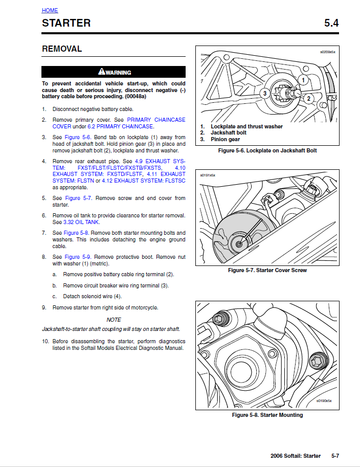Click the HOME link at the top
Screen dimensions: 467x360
[50, 10]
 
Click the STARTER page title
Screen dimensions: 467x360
[66, 23]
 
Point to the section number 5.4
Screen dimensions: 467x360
[331, 23]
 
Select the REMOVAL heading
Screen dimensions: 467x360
[62, 49]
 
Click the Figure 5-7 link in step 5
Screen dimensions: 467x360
[78, 198]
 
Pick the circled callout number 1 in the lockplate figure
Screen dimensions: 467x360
[303, 80]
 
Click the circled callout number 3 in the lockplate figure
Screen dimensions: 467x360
[265, 93]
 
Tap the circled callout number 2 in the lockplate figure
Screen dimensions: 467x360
[308, 98]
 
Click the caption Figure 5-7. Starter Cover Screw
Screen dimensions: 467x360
[267, 270]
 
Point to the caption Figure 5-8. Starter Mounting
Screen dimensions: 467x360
[267, 415]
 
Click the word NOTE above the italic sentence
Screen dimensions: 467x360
[114, 320]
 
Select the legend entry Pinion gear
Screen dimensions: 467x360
[225, 139]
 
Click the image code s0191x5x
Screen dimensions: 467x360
[208, 175]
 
